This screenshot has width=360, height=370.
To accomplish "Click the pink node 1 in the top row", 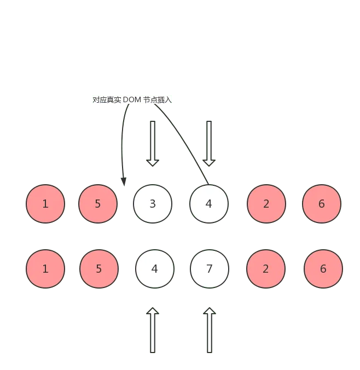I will coord(45,204).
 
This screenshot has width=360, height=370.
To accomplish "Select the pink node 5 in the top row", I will coord(98,204).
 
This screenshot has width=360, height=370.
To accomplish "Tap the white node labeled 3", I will coord(153,204).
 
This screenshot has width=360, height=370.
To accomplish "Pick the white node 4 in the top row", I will coord(208,204).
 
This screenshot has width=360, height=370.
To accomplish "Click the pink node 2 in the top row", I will coord(266,204).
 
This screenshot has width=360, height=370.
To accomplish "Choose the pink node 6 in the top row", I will coord(322,204).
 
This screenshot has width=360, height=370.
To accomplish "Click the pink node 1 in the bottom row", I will coord(45,269).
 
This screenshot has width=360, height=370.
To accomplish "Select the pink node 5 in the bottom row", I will coord(99,269).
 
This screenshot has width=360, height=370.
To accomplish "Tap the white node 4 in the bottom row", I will coord(155,269).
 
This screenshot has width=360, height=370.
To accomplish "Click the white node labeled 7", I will coord(210,269).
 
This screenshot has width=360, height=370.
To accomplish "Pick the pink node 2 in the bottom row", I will coord(266,269).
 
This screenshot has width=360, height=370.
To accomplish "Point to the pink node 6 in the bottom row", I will coord(323,269).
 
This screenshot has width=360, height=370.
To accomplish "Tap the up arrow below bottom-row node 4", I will coord(153,330).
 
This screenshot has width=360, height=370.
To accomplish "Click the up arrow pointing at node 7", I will coord(209,330).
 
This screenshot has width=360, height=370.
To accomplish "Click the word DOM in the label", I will coord(132,99).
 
